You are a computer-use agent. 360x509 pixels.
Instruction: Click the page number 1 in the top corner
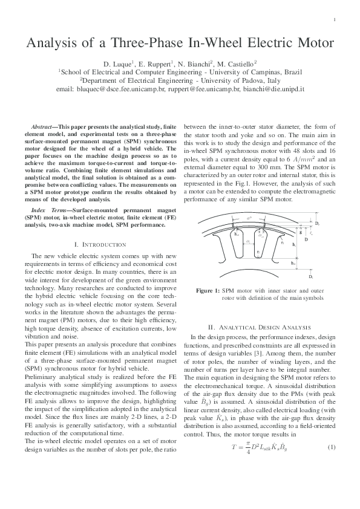coord(335,21)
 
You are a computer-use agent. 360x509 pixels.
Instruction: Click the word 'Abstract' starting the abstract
coord(42,126)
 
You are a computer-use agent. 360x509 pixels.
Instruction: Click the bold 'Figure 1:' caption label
coord(208,291)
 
